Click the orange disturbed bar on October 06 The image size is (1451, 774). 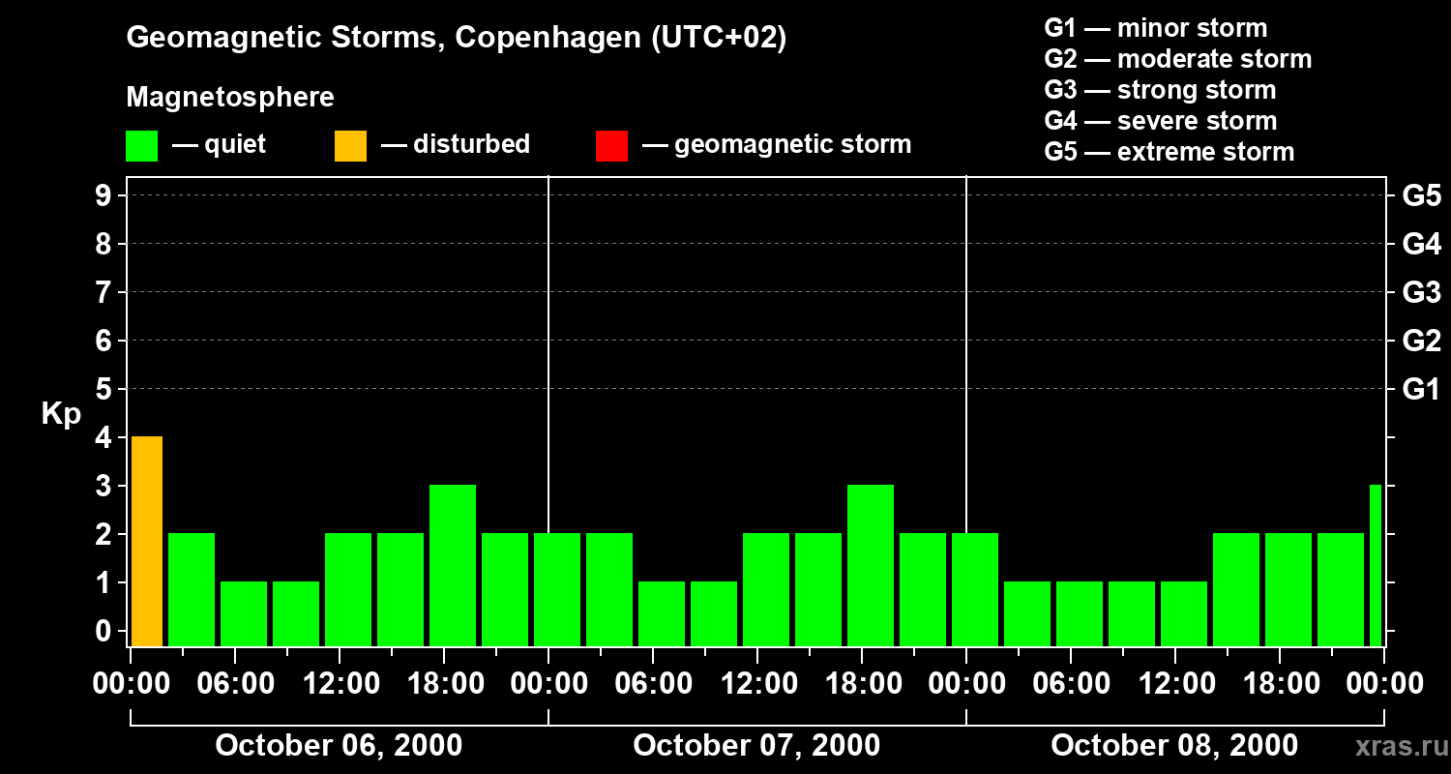point(147,541)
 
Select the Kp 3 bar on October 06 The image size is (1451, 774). point(453,565)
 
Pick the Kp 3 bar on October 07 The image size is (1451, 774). point(871,565)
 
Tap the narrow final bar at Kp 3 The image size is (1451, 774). point(1376,565)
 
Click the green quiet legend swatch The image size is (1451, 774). point(141,145)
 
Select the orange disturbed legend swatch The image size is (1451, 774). point(350,145)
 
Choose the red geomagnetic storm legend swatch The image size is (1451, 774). point(611,145)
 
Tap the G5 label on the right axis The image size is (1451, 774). point(1421,195)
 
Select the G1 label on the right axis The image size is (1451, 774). point(1421,389)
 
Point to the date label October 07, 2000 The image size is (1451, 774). point(756,746)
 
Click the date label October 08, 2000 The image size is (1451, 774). point(1174,746)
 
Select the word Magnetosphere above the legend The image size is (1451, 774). point(230,98)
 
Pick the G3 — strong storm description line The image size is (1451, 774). point(1160,90)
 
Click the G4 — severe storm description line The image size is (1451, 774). point(1161,121)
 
